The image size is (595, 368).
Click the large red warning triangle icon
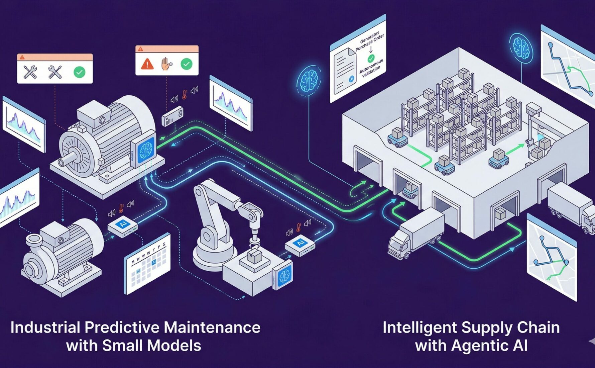click(x=147, y=64)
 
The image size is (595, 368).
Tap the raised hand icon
click(x=166, y=64)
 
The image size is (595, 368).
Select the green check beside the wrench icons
click(x=79, y=72)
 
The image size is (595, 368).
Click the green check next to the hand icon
click(x=186, y=64)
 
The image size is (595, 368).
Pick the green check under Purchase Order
click(x=371, y=59)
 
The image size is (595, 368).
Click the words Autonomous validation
click(x=371, y=69)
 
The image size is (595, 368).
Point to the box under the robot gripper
click(x=255, y=256)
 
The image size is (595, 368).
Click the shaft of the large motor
click(x=67, y=161)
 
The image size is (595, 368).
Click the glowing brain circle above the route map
click(x=521, y=48)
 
